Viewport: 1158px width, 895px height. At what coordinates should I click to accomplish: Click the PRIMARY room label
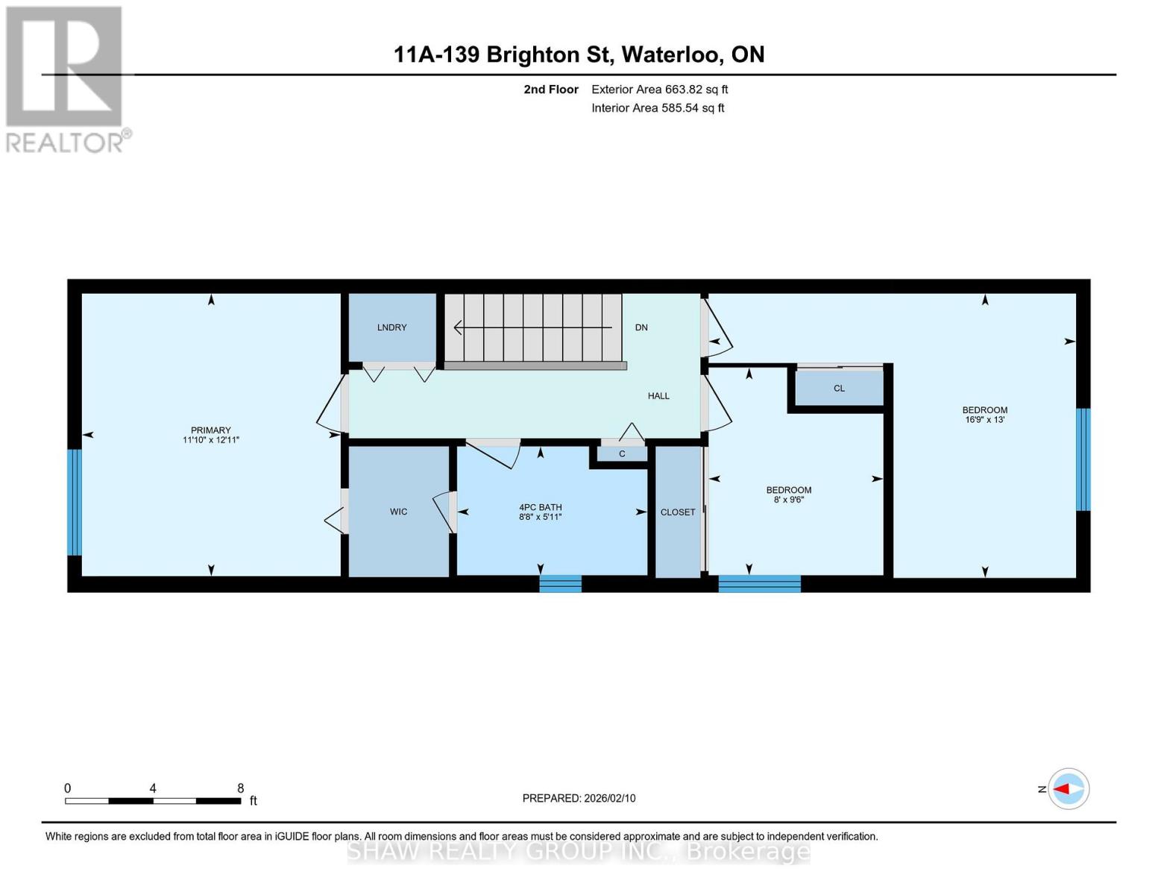click(x=210, y=430)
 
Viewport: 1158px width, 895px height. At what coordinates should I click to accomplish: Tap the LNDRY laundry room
click(x=391, y=327)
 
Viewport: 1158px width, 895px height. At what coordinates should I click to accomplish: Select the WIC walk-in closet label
click(x=398, y=512)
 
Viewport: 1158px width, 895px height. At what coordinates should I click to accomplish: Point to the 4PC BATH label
click(x=541, y=507)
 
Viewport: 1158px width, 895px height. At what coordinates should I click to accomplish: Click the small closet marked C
click(x=621, y=453)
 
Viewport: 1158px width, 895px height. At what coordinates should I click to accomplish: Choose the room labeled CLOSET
click(x=677, y=512)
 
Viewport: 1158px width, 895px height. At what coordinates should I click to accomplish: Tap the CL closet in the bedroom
click(x=839, y=388)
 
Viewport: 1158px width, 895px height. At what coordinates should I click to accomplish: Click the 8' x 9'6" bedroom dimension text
click(x=788, y=500)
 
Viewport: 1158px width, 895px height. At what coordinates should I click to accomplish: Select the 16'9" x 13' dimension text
click(x=984, y=420)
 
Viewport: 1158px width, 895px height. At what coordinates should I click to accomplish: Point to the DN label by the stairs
click(x=641, y=327)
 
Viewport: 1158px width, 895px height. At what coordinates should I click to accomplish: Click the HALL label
click(x=658, y=396)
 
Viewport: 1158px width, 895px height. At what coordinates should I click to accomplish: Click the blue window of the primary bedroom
click(x=74, y=502)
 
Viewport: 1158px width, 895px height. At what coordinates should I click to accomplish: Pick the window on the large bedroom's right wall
click(x=1083, y=459)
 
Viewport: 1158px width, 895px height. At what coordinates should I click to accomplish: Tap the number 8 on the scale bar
click(x=240, y=788)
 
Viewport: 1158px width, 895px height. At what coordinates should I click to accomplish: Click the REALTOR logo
click(x=66, y=79)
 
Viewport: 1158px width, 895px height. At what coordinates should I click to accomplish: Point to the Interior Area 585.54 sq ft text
click(x=658, y=108)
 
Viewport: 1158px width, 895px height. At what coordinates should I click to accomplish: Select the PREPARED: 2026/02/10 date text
click(x=579, y=798)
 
